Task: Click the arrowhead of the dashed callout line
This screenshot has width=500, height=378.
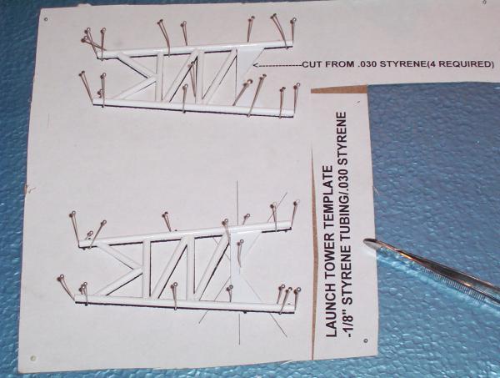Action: tap(256, 65)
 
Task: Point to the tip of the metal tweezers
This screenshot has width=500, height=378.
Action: tap(366, 241)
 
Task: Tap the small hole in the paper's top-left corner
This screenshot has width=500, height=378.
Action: tap(46, 19)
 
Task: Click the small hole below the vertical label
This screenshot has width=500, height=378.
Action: tap(366, 340)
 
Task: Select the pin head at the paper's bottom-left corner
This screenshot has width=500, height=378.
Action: tap(33, 358)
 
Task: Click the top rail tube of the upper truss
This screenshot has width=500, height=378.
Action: tap(197, 49)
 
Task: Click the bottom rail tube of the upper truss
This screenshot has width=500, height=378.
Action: tap(197, 106)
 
